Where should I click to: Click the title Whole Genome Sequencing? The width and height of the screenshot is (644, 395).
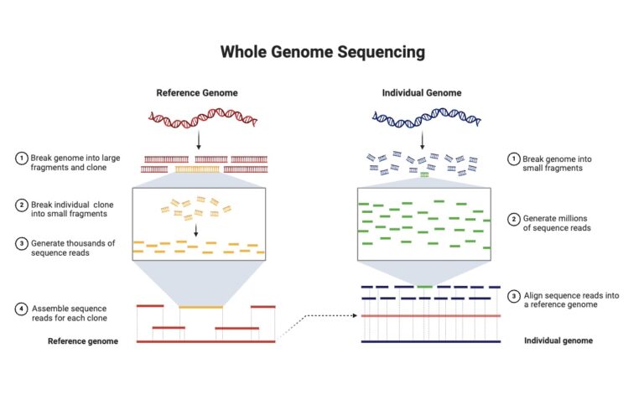(x=322, y=52)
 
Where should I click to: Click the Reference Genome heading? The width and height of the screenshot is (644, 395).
(x=197, y=92)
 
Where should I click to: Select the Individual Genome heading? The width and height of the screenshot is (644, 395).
(x=422, y=92)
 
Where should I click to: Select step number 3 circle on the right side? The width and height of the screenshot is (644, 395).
(x=513, y=295)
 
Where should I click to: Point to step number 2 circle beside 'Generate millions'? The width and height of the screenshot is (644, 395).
(x=513, y=220)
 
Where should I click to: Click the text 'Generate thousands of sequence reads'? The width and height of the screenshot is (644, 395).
(x=72, y=248)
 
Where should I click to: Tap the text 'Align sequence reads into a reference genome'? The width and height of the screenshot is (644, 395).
(x=564, y=299)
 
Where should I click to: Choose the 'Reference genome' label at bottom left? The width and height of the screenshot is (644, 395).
(x=83, y=341)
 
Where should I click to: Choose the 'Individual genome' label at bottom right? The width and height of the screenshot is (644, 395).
(x=558, y=341)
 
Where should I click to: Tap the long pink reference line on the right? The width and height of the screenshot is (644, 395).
(x=430, y=315)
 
